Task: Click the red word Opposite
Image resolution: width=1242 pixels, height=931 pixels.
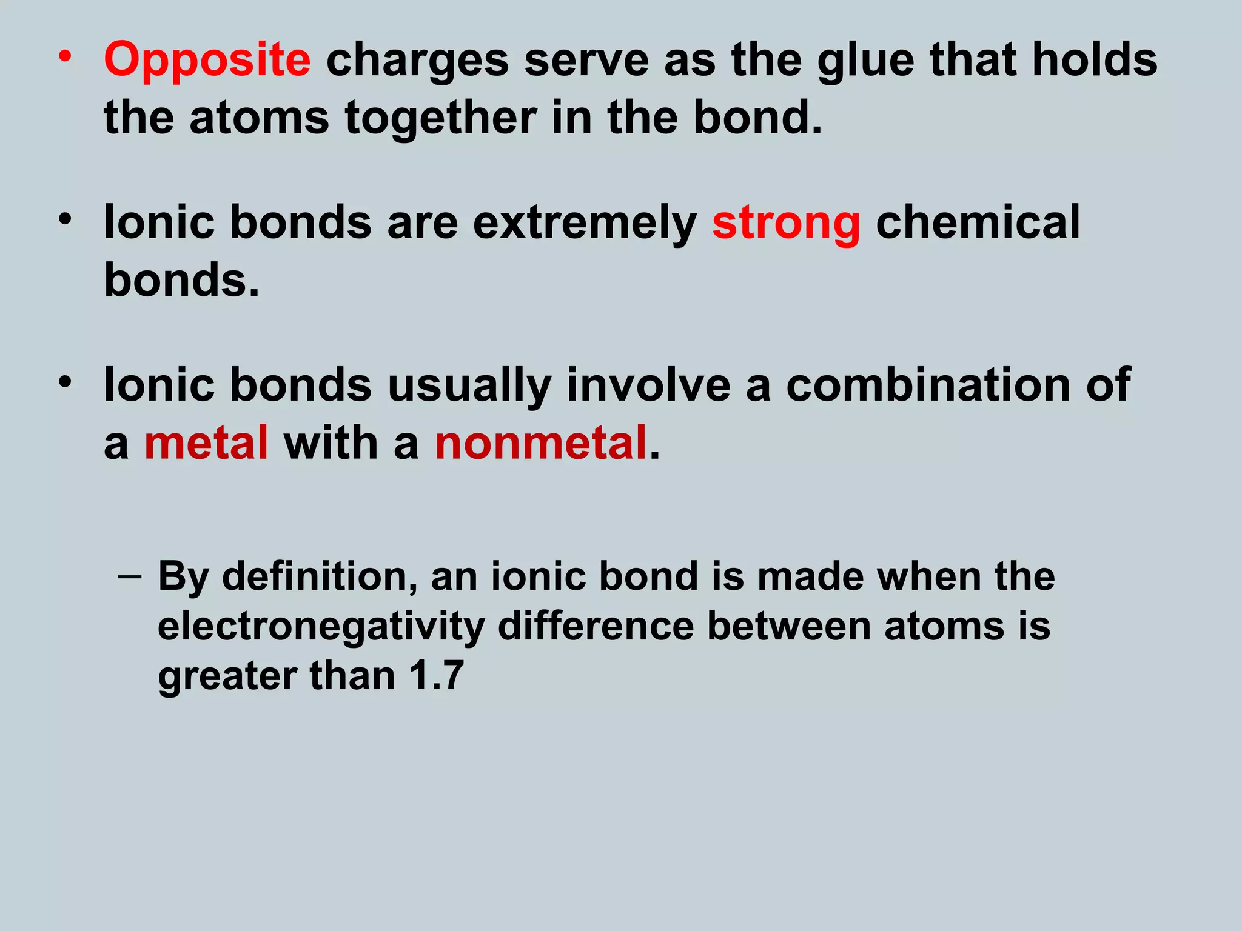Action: tap(207, 61)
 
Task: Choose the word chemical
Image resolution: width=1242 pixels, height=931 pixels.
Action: tap(978, 222)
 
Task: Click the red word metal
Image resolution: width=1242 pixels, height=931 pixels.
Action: tap(206, 443)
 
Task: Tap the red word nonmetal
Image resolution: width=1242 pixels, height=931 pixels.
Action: tap(540, 443)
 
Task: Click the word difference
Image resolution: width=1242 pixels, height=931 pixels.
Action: tap(596, 626)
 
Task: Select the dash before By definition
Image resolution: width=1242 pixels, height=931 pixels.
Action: tap(129, 576)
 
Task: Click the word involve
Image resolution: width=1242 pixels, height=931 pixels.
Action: tap(648, 385)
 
